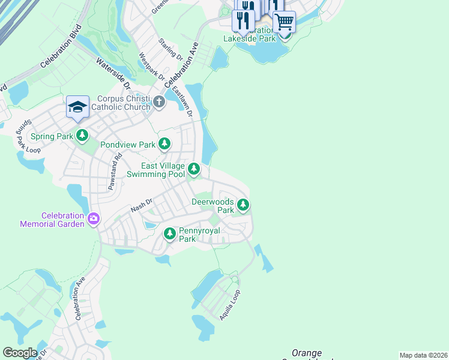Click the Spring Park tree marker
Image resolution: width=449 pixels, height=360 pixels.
point(82,136)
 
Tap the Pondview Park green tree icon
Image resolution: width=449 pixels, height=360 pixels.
point(164,144)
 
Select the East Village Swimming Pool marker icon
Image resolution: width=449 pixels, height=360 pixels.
point(194,169)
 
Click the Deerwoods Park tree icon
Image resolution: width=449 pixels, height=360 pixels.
point(243,206)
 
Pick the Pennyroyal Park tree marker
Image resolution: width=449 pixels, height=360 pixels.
point(170,233)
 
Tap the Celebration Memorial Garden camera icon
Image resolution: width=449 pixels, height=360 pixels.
point(93,218)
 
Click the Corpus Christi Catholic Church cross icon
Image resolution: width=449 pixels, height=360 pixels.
point(159,101)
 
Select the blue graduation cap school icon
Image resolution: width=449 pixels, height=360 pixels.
point(77,107)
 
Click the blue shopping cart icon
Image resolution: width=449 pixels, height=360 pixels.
point(284,22)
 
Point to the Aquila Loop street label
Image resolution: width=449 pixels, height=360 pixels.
point(230,305)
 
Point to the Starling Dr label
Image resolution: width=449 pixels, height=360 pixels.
point(170,50)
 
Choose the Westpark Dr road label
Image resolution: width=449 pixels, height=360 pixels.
point(151,68)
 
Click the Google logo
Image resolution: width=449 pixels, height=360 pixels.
point(20,352)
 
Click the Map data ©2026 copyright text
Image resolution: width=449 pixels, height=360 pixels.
point(423,355)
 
